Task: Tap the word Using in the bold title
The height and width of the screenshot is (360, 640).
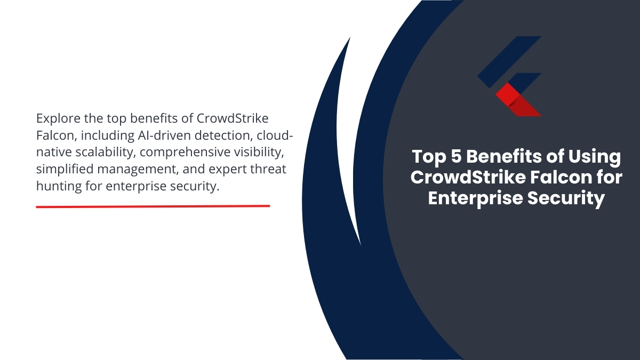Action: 594,157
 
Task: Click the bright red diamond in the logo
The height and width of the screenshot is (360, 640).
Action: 507,94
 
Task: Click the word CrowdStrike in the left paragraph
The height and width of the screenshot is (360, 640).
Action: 232,118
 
